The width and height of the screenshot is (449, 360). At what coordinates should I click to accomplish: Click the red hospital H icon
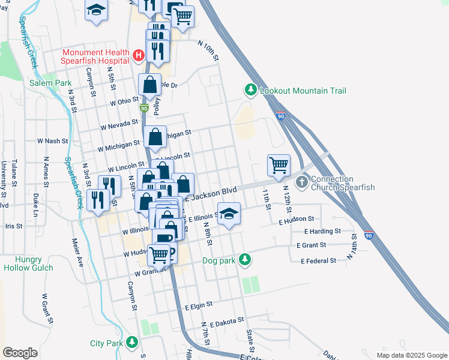click(x=139, y=56)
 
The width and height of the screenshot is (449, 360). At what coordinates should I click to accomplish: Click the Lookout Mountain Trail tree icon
click(x=250, y=91)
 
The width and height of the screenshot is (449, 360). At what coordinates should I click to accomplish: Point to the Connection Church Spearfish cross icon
click(x=301, y=181)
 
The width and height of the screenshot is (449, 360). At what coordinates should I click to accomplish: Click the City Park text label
click(x=106, y=343)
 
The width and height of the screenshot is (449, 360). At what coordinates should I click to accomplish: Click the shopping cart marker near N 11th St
click(x=279, y=166)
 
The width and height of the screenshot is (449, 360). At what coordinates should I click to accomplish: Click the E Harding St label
click(x=322, y=231)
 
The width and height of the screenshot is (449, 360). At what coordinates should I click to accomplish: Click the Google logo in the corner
click(x=20, y=353)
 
